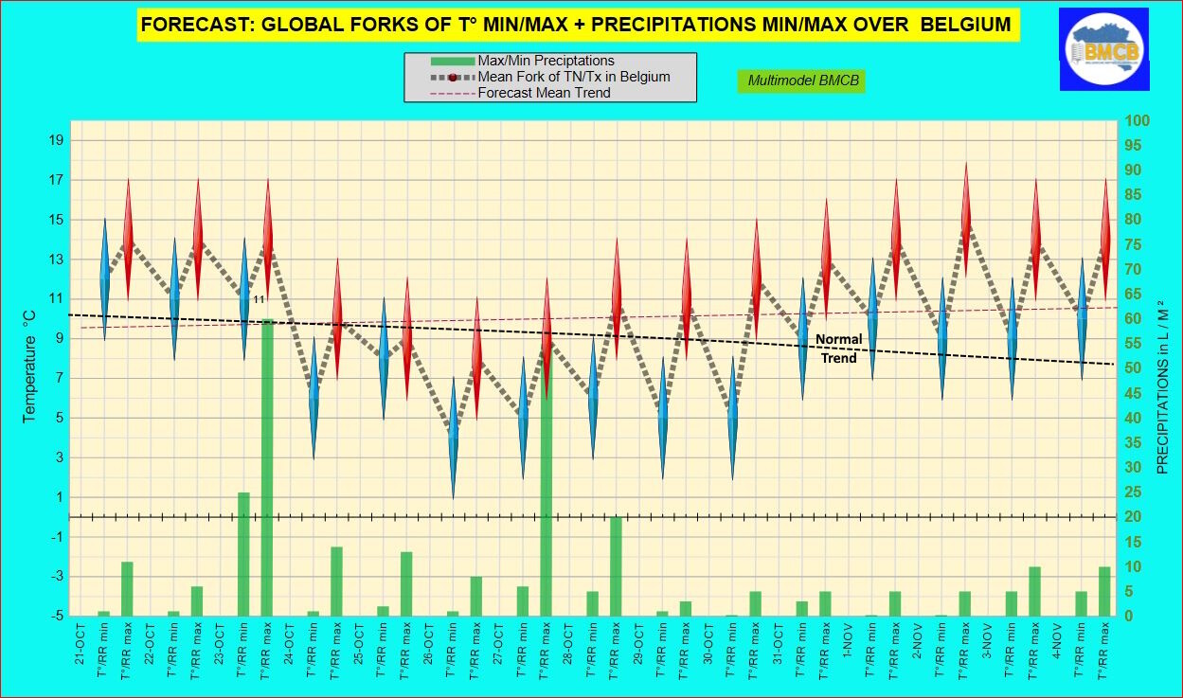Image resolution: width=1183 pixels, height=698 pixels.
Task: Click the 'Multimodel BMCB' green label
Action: pos(803,81)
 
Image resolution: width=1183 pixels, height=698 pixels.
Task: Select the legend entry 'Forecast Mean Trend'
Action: pos(544,93)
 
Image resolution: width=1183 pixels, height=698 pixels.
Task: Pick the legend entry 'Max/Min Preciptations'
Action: pos(546,61)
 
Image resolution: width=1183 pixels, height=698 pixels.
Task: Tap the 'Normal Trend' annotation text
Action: pos(838,349)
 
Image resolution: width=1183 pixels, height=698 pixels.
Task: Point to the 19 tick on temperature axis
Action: pos(56,140)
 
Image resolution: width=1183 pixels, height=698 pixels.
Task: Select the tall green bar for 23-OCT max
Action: pos(267,467)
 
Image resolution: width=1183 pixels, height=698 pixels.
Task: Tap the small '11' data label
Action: pos(259,299)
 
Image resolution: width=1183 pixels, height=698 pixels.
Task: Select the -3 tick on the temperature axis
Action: pos(56,577)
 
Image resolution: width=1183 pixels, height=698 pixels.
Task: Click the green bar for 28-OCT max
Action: pos(616,566)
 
